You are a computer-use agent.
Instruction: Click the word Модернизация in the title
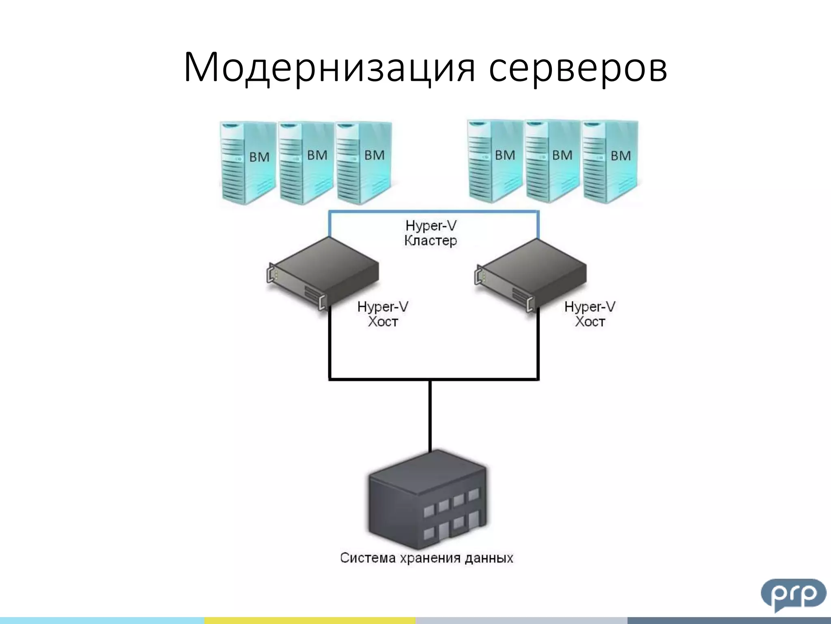[329, 67]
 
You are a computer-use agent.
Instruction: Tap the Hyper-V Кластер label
[431, 233]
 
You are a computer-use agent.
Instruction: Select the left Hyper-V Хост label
[383, 314]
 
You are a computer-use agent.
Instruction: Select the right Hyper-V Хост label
[590, 314]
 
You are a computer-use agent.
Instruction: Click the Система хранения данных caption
[426, 558]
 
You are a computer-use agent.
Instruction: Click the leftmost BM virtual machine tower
[248, 162]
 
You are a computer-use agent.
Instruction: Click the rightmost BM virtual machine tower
[609, 161]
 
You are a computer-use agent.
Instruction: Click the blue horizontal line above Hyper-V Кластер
[433, 212]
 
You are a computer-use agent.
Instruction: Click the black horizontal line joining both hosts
[433, 379]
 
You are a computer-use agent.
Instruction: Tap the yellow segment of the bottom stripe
[310, 620]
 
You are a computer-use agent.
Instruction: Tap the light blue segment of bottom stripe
[101, 620]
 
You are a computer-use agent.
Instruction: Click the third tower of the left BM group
[363, 162]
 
